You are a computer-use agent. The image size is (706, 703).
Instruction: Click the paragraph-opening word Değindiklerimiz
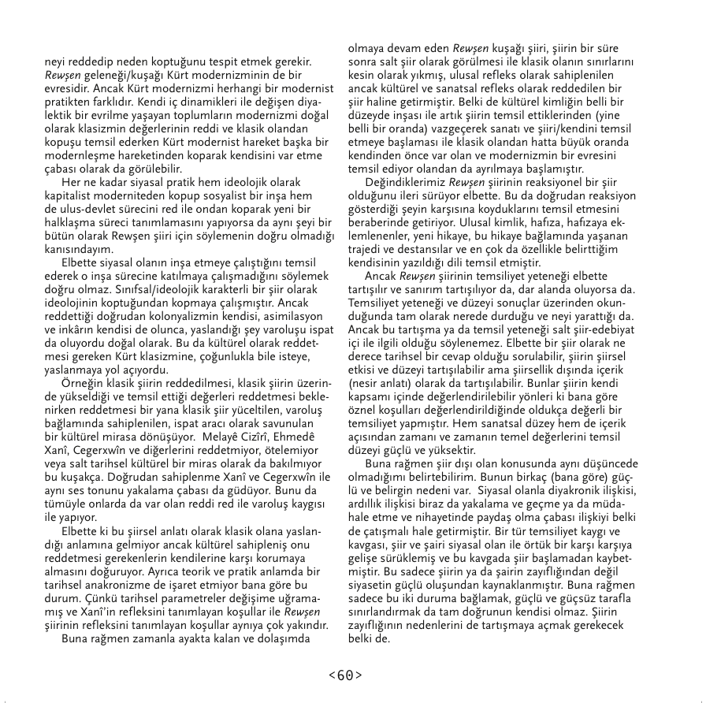pos(400,183)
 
